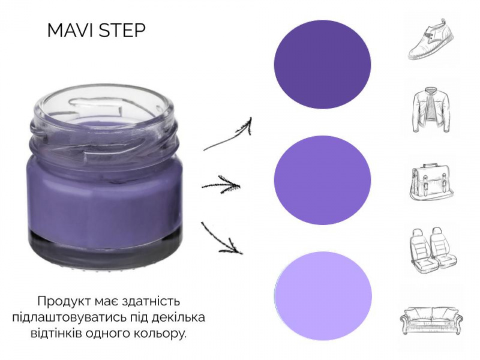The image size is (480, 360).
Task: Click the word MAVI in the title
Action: coord(71,30)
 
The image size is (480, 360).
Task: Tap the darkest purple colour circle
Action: coord(322,64)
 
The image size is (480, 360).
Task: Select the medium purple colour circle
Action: coord(322,180)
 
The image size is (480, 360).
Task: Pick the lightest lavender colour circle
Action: coord(323,296)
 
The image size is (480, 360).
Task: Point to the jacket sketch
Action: coord(431,109)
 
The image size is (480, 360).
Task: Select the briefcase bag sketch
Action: coord(431,182)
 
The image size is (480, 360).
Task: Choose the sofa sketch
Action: coord(431,320)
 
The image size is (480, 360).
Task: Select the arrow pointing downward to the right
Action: coord(221,239)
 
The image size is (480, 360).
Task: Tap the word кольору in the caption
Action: coord(162,334)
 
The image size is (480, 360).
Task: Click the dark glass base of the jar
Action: coord(106,248)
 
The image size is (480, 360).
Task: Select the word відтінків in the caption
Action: coord(56,333)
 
